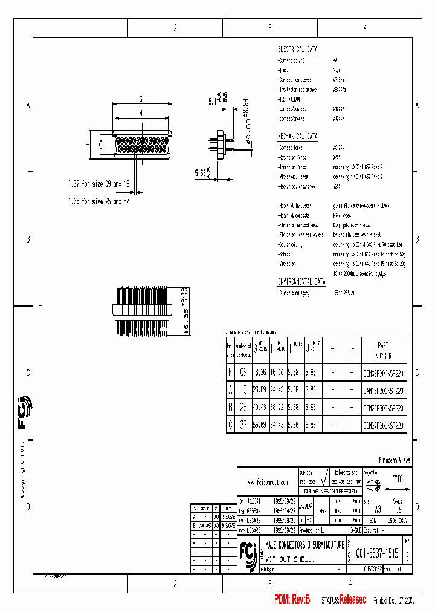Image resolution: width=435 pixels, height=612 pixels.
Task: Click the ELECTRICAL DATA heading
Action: tap(297, 50)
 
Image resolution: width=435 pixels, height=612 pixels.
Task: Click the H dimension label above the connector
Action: tap(141, 112)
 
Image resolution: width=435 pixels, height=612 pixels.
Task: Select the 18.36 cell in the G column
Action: tap(260, 374)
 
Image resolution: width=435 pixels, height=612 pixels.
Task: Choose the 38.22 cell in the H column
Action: tap(278, 408)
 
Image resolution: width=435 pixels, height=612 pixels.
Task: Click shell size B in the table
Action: tap(230, 408)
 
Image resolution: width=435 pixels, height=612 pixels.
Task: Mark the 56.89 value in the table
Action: tap(260, 425)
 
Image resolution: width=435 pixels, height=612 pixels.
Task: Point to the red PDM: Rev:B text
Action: tap(292, 599)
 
